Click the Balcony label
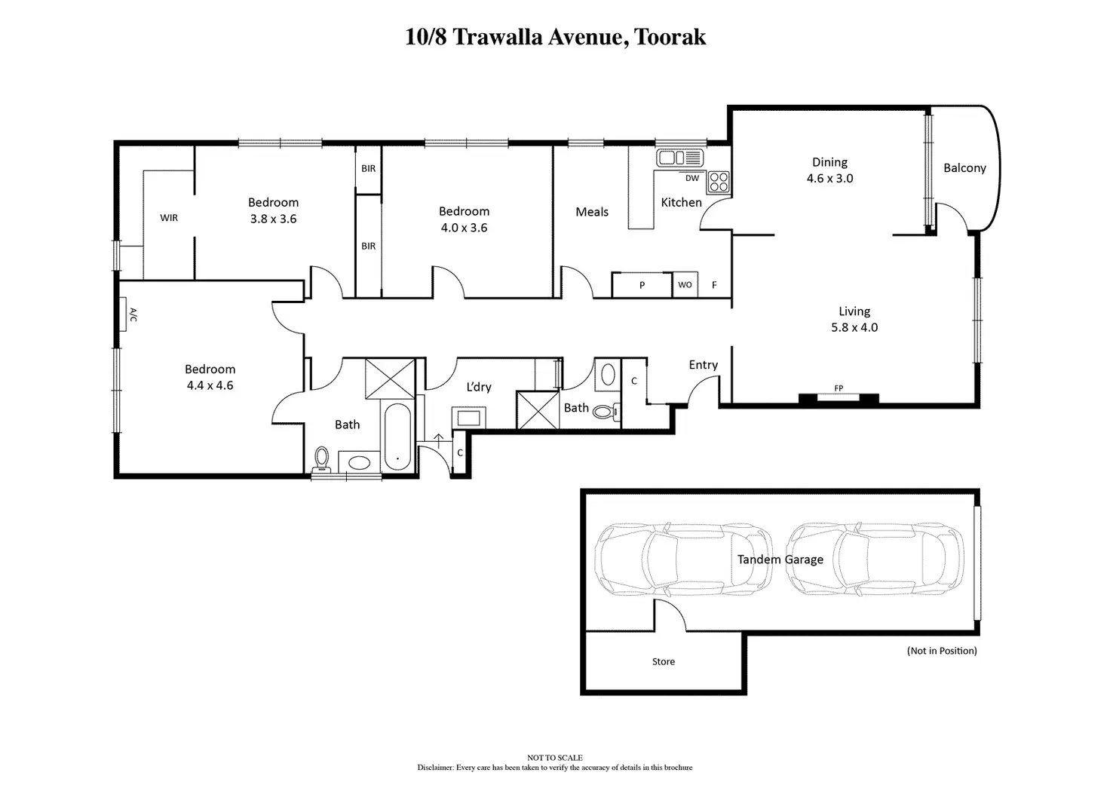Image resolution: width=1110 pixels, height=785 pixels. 964,168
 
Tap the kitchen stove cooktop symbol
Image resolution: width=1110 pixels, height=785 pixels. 718,182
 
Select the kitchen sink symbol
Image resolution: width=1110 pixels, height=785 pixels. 679,158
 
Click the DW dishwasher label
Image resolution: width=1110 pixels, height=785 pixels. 692,179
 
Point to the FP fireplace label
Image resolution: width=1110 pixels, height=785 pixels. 839,389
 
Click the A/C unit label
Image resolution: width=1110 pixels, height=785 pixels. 133,314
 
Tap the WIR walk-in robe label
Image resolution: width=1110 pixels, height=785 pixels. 169,218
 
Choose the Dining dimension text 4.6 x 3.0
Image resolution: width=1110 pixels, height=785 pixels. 829,179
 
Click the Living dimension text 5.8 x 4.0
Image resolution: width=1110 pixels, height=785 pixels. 854,328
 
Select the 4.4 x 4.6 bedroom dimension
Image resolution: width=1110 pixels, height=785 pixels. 210,385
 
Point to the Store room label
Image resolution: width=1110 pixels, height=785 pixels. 664,662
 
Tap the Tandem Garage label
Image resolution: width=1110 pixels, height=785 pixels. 780,560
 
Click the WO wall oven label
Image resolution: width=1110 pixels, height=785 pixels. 685,285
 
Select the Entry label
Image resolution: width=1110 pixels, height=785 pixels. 703,365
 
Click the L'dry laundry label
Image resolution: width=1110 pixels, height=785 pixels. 479,387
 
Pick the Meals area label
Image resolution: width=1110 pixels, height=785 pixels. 592,212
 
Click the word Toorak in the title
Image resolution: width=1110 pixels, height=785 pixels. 670,37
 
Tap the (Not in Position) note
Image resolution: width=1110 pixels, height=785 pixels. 942,651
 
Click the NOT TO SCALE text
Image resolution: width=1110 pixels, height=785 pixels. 555,758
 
